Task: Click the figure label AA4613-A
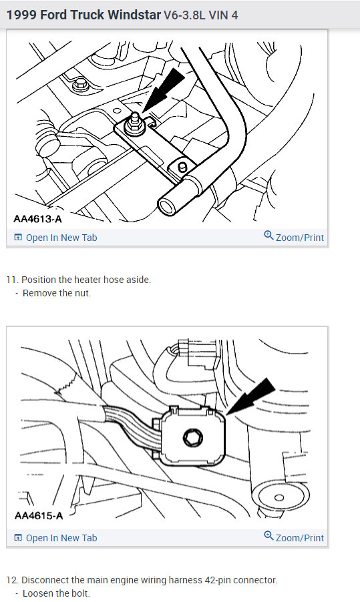pos(37,219)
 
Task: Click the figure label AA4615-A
pos(37,516)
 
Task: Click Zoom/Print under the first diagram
pos(299,238)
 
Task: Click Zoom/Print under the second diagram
pos(299,538)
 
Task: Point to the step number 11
pos(11,280)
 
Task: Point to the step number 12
pos(11,580)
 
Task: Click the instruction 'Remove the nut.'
pos(57,293)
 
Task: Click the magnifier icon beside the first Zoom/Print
pos(268,236)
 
